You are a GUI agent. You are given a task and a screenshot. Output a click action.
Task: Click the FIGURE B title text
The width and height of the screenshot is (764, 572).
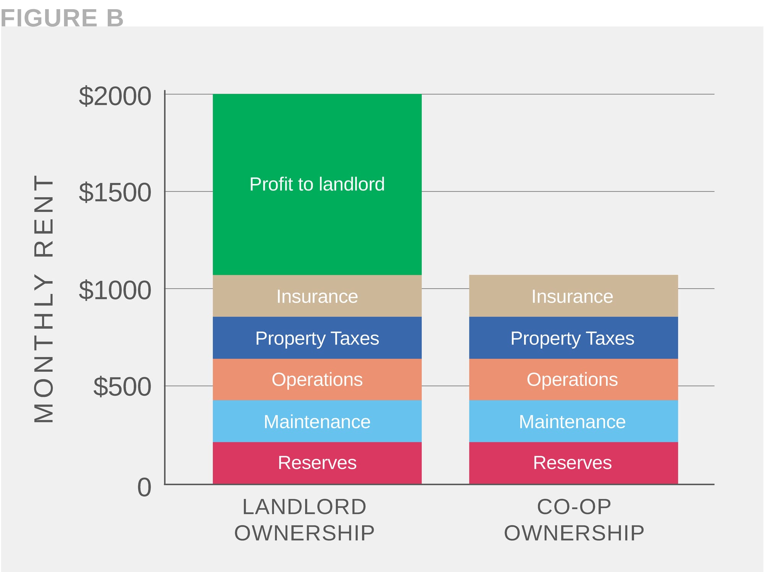pos(62,18)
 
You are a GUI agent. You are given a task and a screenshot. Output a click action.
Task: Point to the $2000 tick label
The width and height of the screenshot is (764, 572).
pos(115,96)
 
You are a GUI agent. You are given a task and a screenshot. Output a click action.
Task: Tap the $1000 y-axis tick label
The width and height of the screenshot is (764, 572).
pos(115,290)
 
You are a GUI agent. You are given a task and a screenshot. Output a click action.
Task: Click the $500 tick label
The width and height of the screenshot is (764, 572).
pos(122,387)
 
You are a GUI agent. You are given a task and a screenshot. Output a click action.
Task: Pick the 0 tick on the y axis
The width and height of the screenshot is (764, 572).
pos(144,487)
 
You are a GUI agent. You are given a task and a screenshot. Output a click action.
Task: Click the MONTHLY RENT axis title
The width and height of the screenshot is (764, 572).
pos(44,299)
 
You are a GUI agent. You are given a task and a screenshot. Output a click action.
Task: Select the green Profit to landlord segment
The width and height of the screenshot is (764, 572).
pos(317,184)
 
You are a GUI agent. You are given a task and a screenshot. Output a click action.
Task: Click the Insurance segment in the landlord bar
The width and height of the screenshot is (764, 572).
pos(317,296)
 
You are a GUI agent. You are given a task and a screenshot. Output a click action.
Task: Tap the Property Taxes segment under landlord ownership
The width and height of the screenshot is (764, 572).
pos(317,338)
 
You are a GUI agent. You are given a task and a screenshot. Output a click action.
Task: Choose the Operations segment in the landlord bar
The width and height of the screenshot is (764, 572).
pos(317,379)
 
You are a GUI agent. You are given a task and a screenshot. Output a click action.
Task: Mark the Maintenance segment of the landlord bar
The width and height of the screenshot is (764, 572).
pos(317,421)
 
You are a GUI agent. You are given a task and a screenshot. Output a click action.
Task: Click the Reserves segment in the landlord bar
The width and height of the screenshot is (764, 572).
pos(317,463)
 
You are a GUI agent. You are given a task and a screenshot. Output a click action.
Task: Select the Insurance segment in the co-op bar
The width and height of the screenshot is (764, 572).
pos(573,296)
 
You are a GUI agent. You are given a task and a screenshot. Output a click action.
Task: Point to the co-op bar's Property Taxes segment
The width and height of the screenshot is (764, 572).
pos(573,338)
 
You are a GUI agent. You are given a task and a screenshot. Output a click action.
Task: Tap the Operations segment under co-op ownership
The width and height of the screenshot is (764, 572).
pos(573,379)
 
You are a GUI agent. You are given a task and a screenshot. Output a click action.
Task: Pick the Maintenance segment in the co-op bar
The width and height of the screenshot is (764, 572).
pos(573,421)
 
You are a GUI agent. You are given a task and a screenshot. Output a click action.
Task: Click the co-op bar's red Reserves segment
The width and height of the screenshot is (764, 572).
pos(573,463)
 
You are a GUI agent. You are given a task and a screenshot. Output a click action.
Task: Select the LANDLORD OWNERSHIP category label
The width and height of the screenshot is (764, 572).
pos(304,520)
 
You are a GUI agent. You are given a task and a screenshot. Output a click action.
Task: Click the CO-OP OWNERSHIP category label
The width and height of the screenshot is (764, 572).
pos(574,520)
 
